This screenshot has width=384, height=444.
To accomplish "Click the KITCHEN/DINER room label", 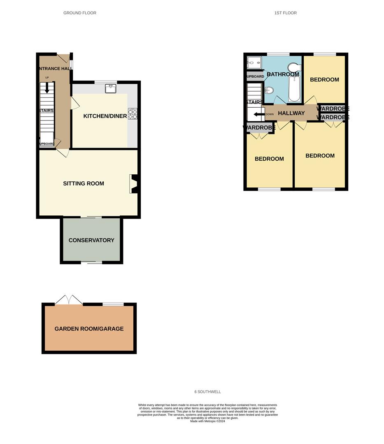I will coord(105,116).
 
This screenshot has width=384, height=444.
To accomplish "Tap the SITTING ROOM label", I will coord(84,183).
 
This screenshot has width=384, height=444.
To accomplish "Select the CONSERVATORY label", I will coord(91,240).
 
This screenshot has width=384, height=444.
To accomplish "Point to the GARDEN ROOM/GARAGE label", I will coord(89,328).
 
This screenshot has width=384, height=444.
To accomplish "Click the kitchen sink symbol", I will coord(111,88).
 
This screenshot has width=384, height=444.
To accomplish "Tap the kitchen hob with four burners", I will coord(133,114).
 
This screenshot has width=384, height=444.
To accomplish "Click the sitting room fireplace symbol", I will coord(134,184).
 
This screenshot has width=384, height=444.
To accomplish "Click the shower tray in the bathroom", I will coord(254,63).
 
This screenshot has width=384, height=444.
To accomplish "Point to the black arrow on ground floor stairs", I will coord(47,88).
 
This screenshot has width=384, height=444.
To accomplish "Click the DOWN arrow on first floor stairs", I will coord(259,114).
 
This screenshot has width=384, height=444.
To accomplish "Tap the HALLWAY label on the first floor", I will coord(291,113).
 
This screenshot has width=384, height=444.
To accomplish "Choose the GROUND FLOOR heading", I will coord(80,13).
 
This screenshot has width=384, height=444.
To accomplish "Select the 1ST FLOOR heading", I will coord(286,13).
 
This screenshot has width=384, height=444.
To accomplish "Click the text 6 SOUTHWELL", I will coord(208,392).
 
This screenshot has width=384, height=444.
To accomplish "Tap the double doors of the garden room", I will coord(69,301).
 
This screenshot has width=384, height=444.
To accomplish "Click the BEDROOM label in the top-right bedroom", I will coord(325,79).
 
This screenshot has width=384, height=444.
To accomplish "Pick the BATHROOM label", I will coord(283,74).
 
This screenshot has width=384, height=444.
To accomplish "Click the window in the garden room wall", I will coord(113,304).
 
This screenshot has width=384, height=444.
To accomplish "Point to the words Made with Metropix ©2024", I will coord(208,421).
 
